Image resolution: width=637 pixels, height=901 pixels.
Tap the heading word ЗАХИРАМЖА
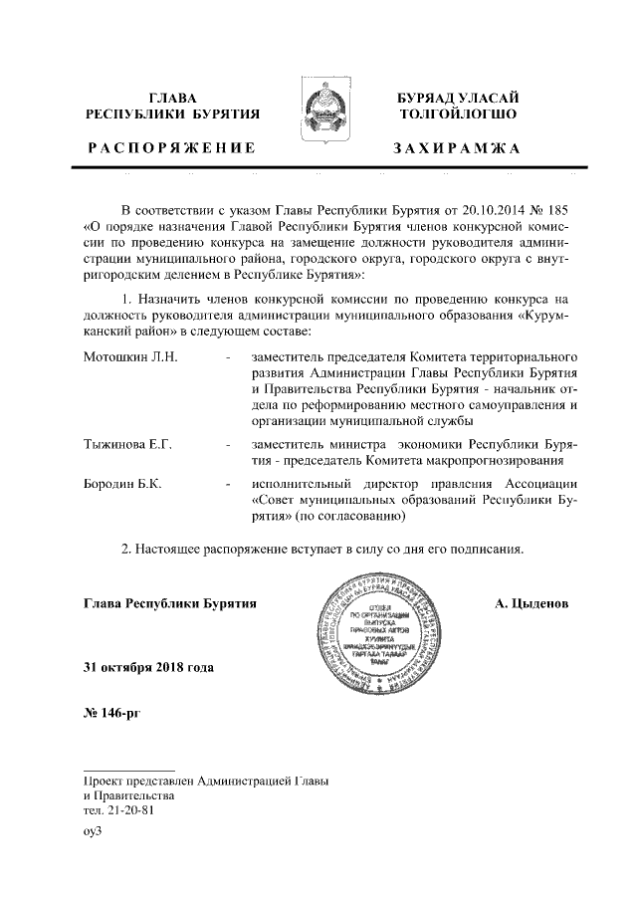coord(456,148)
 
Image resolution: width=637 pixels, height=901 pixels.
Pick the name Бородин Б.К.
coord(124,483)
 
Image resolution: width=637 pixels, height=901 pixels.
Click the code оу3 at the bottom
coord(94,831)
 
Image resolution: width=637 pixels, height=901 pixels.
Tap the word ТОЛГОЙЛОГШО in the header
coord(455,114)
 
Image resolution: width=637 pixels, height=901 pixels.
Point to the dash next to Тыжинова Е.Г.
coord(230,443)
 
